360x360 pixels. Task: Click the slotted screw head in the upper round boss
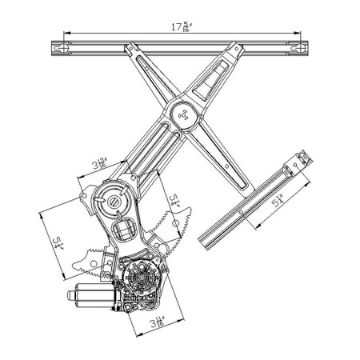[x=114, y=202]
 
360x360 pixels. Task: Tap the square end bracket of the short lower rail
[x=301, y=160]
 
